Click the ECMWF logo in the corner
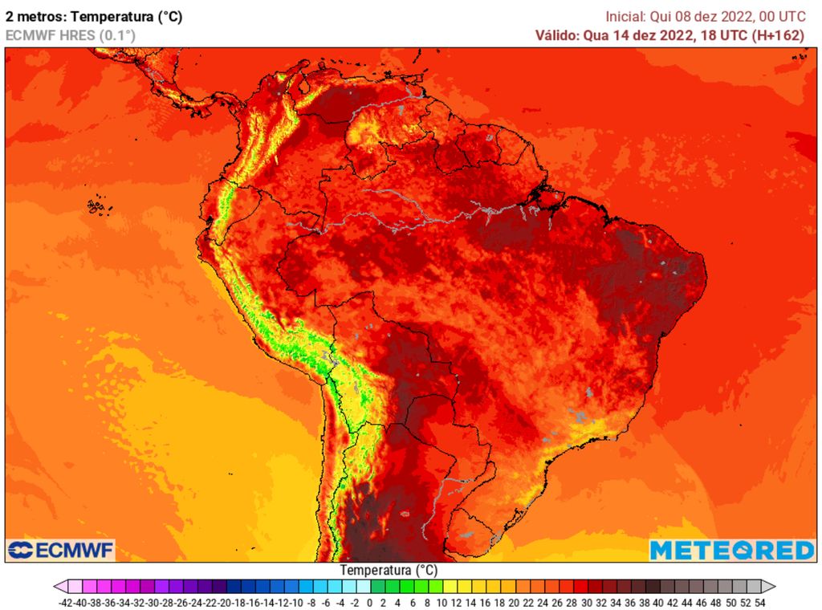(x=61, y=550)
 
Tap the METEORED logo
(x=731, y=550)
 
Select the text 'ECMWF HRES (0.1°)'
(x=71, y=35)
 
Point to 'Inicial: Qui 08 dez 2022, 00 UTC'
(x=705, y=15)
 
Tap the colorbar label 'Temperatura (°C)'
(x=389, y=570)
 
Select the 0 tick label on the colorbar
(x=370, y=601)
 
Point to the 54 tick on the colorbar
(x=759, y=601)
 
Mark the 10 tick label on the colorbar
(x=442, y=601)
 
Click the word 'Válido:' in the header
(x=555, y=35)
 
